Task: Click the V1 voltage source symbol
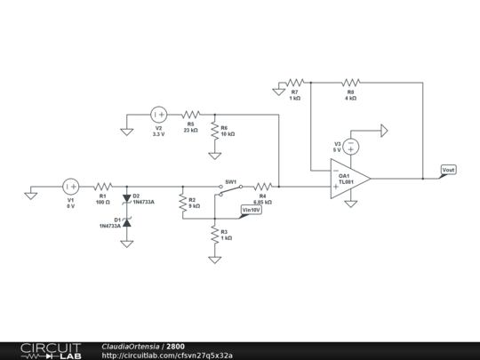(x=70, y=187)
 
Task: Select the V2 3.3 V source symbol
(x=158, y=114)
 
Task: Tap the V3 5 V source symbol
(x=351, y=146)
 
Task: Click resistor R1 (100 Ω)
(x=102, y=187)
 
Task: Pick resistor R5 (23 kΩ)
(x=190, y=114)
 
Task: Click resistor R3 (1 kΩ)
(x=214, y=234)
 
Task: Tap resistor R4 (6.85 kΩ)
(x=262, y=187)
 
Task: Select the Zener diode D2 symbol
(x=126, y=198)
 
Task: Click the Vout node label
(x=449, y=169)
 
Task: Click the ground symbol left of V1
(x=31, y=194)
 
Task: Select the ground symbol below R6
(x=214, y=156)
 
